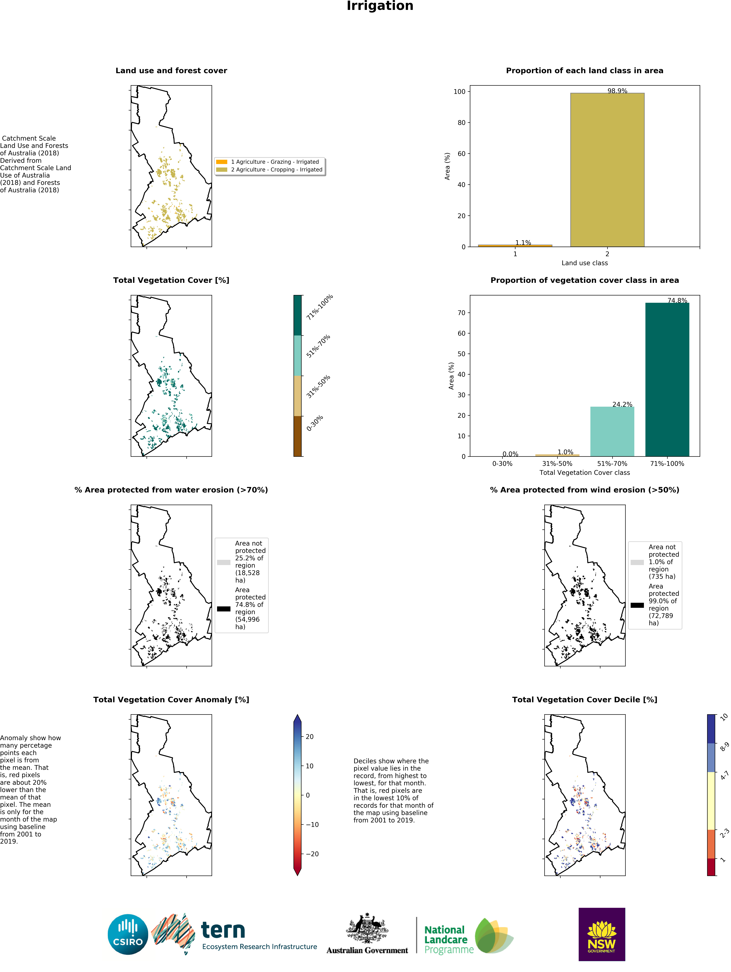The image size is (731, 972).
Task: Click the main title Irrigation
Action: [380, 6]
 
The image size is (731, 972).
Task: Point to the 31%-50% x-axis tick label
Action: [557, 464]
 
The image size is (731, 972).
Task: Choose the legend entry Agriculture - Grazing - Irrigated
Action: [275, 162]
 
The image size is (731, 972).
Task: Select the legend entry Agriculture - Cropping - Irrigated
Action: [277, 170]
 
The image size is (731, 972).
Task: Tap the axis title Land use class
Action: [584, 263]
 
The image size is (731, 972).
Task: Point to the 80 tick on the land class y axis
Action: [461, 123]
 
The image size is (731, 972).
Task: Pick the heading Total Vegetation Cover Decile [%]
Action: [584, 700]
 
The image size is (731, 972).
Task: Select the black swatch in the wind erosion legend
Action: [637, 605]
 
